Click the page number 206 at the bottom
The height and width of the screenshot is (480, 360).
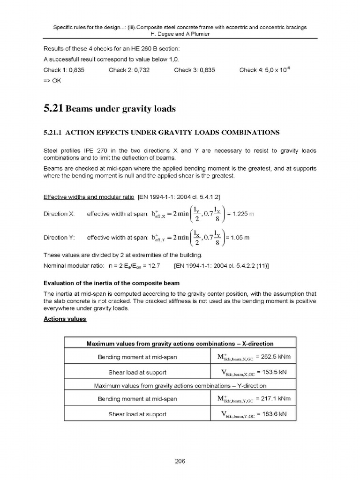(180, 461)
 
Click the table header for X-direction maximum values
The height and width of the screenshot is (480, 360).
(180, 344)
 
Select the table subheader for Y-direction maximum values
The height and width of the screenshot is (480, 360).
(180, 386)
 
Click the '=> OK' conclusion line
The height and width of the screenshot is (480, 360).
(52, 80)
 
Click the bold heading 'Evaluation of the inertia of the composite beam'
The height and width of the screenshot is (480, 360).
(111, 283)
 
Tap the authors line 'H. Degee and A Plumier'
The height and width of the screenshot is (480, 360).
(180, 34)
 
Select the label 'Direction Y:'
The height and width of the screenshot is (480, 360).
(59, 238)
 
